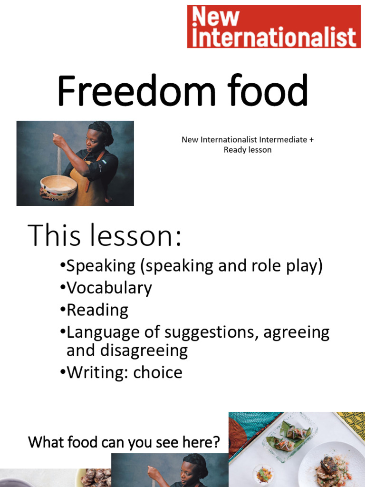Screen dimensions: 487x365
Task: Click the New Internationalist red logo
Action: [274, 27]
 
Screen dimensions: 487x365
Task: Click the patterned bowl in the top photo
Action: [58, 186]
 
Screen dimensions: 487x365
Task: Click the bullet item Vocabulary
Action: [109, 288]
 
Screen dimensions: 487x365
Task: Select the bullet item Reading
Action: [97, 310]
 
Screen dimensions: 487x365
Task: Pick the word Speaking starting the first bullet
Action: [101, 266]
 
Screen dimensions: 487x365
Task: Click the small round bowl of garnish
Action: [263, 474]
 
